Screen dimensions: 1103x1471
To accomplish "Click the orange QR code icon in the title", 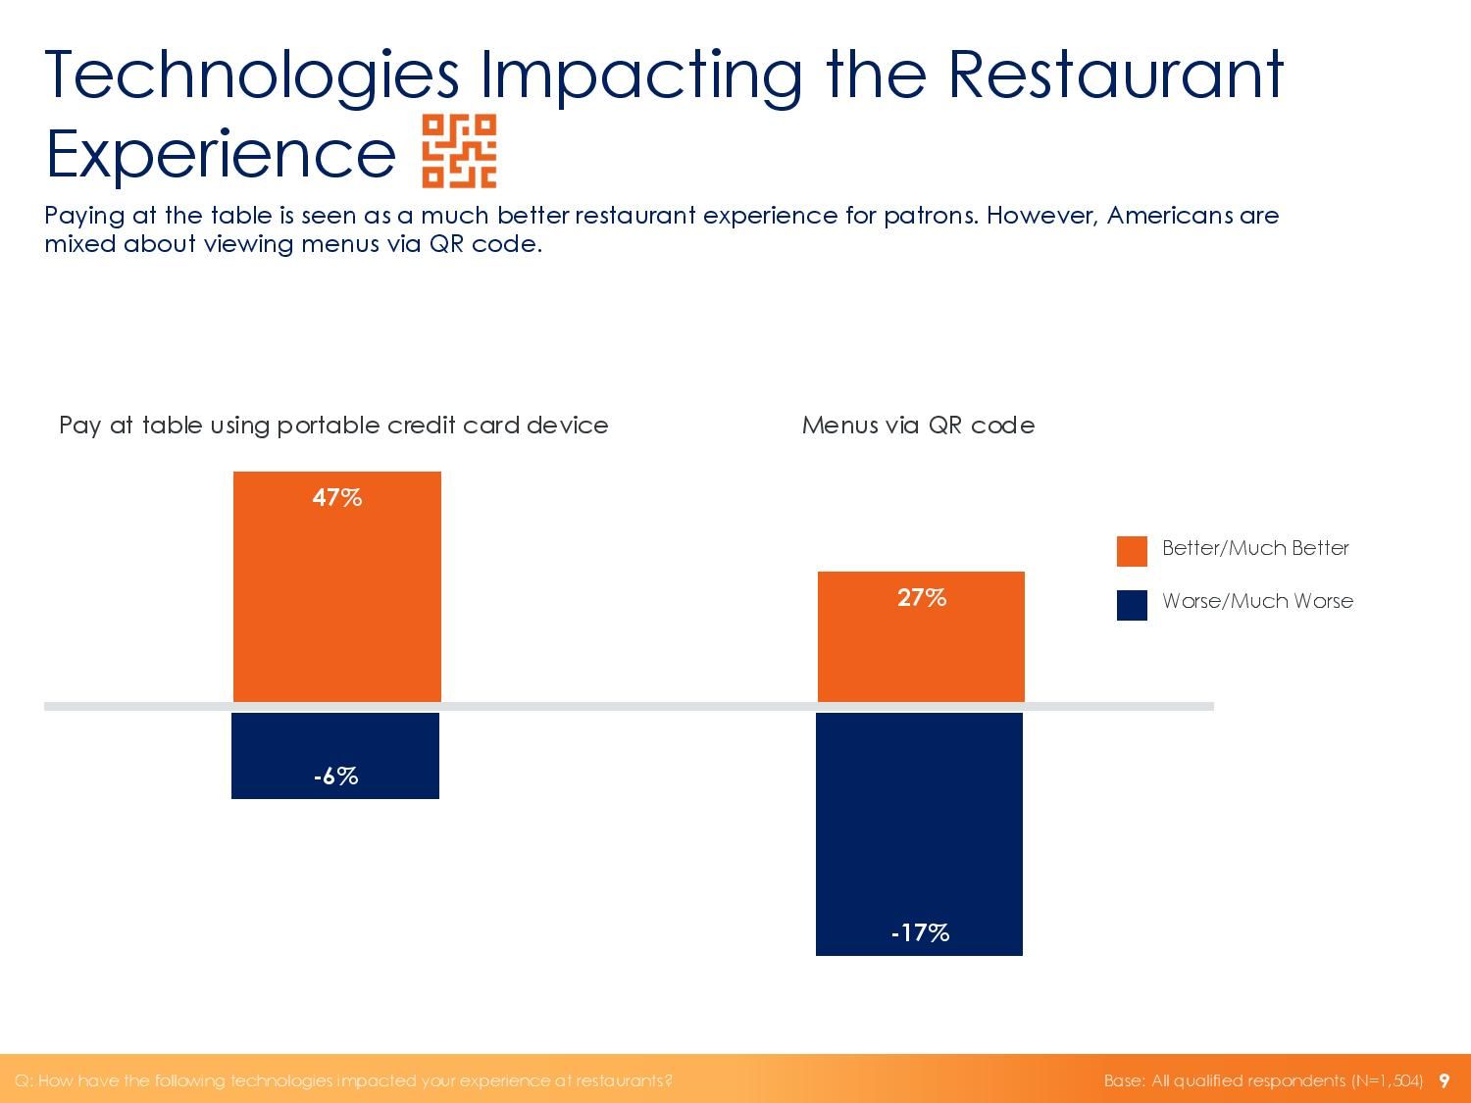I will [459, 150].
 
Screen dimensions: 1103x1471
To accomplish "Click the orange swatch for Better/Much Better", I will [1132, 551].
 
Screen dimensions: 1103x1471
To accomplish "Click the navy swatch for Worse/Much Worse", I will [1132, 605].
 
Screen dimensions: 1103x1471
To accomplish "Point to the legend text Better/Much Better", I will [1255, 548].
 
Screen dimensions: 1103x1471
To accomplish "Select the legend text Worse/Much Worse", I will [1257, 601].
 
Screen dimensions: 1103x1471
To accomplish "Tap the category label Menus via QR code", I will [918, 425].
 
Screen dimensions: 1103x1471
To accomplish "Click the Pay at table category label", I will [333, 425].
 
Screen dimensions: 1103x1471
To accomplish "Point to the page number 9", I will [1444, 1080].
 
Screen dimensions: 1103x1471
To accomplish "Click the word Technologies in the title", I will [252, 75].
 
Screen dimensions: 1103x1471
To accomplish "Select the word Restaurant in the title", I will [1115, 75].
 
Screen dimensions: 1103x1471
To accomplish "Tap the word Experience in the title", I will [221, 153].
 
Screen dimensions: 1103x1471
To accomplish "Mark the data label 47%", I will [337, 498].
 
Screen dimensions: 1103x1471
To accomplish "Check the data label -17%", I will [920, 932].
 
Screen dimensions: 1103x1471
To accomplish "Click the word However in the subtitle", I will [1041, 215].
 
